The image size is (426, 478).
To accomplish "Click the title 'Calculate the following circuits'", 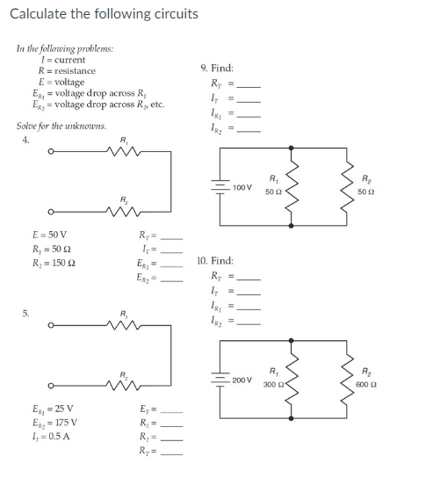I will [104, 14].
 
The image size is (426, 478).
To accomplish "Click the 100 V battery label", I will [242, 187].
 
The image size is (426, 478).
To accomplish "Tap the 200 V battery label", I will [242, 380].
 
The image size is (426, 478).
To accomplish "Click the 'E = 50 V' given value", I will [48, 235].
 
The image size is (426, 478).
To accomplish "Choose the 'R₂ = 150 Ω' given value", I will [54, 264].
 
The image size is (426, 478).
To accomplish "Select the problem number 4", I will [25, 139].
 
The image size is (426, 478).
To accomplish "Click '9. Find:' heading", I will [217, 68].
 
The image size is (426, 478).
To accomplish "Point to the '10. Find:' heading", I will [217, 261].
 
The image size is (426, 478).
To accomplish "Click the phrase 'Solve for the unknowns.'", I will [61, 126].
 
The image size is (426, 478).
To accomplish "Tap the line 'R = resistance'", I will [66, 70].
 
